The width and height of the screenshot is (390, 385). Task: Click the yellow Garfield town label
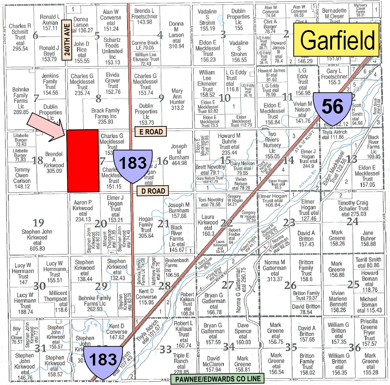[338, 38]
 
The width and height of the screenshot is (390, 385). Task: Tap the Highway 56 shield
[333, 107]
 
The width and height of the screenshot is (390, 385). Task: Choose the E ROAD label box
[149, 131]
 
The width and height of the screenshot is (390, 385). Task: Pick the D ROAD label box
[153, 191]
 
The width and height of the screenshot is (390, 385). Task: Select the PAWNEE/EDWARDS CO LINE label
[217, 379]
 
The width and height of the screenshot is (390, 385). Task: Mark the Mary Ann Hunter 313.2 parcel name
[177, 99]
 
